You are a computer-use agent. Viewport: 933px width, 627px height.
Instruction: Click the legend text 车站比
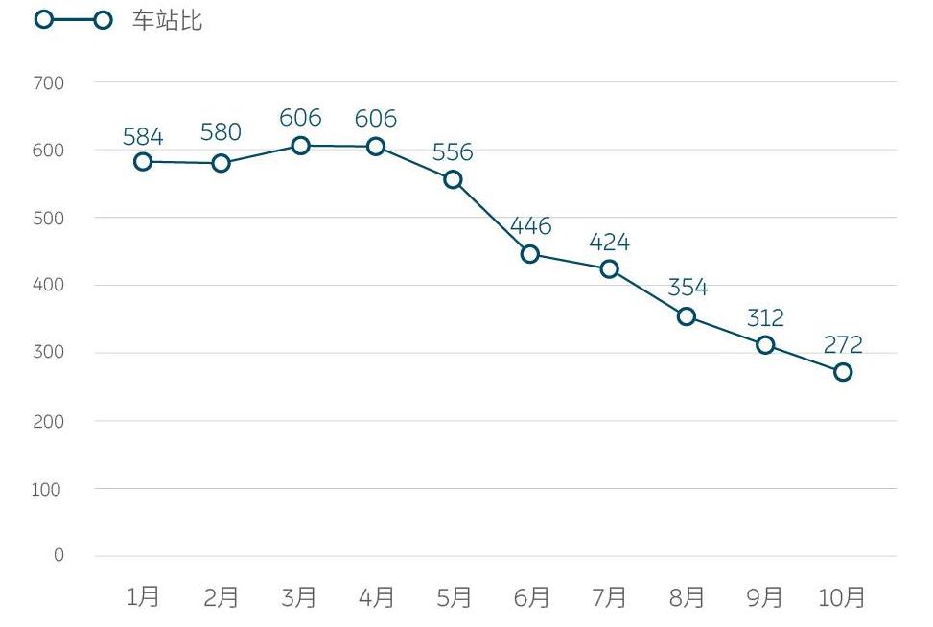[167, 20]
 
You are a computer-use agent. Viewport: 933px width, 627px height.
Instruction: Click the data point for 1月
[143, 161]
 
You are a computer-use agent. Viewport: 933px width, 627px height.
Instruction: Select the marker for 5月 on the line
[454, 179]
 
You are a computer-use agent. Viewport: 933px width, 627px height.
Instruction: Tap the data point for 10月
[843, 372]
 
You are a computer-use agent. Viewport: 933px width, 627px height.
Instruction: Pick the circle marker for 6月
[530, 254]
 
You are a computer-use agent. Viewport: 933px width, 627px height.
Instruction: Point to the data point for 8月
[687, 316]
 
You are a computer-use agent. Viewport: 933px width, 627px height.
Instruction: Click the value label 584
[143, 136]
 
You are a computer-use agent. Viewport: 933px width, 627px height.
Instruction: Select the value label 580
[221, 132]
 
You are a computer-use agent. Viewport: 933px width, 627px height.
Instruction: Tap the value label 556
[454, 152]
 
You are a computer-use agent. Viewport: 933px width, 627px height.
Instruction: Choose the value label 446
[530, 226]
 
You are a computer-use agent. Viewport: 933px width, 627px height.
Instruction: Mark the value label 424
[609, 242]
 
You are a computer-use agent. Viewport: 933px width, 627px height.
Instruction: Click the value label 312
[764, 317]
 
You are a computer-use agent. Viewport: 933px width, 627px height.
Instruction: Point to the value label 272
[843, 345]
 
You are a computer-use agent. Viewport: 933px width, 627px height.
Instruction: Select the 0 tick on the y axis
[58, 556]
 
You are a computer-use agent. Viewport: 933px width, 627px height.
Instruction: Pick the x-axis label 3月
[299, 598]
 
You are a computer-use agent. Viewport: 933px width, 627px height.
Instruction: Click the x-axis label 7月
[609, 598]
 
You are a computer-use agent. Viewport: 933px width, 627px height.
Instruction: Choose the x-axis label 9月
[764, 598]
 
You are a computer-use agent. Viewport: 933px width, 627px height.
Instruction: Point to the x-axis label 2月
[221, 598]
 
